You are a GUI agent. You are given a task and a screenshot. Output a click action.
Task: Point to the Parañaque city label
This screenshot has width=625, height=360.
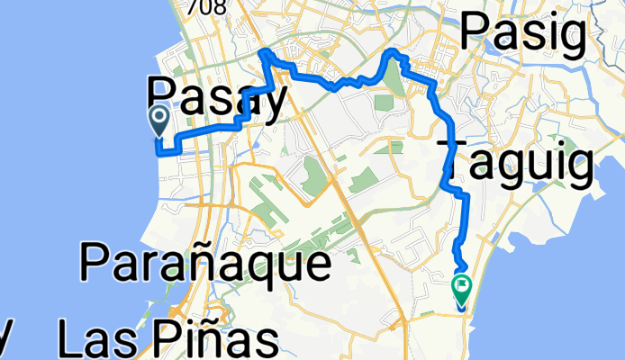click(x=204, y=264)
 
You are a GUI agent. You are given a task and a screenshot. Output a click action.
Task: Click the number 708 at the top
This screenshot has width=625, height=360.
click(x=201, y=6)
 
